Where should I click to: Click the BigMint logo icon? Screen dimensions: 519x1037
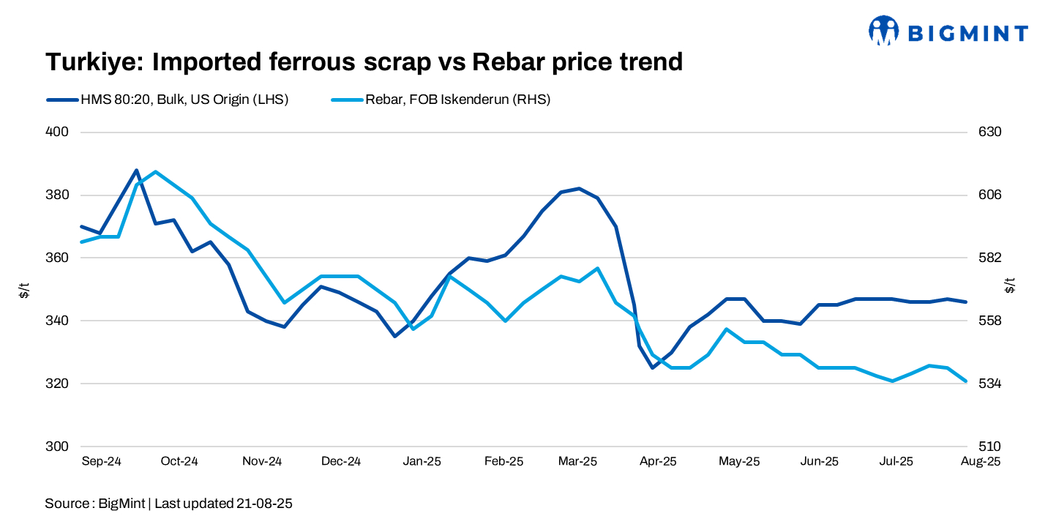pos(883,31)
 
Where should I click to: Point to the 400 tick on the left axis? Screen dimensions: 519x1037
pos(58,132)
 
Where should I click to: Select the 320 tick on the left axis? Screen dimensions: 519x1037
pos(58,384)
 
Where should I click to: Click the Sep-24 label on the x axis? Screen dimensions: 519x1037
pos(101,461)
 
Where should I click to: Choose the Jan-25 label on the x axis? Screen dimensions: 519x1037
pos(422,461)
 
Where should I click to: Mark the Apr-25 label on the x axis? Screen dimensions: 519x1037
pos(659,461)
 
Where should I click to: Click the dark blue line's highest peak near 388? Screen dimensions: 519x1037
pos(137,171)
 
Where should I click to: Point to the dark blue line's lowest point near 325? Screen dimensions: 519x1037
pos(653,367)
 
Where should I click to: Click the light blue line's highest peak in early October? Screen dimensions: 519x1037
pos(155,171)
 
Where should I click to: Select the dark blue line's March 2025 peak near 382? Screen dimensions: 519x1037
pos(579,189)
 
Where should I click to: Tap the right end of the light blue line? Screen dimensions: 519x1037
pos(966,381)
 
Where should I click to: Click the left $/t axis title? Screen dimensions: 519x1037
pos(24,290)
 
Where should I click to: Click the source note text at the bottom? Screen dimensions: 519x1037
pos(169,504)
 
